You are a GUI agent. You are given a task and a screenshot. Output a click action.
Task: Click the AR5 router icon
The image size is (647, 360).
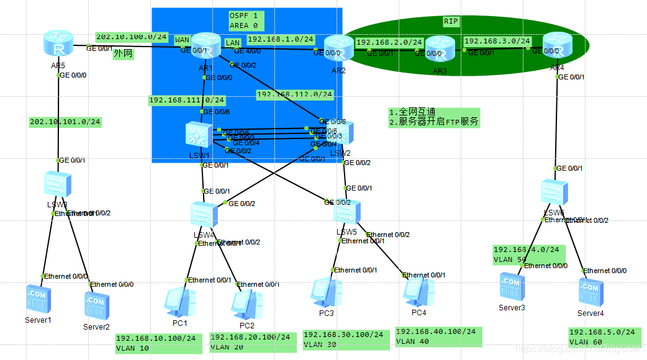[x=58, y=44]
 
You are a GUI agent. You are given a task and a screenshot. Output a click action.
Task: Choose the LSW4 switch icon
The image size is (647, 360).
[x=204, y=214]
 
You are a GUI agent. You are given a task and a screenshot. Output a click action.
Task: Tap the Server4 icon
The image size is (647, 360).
[x=590, y=292]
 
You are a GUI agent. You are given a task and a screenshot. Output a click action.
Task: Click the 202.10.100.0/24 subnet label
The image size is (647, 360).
[x=132, y=37]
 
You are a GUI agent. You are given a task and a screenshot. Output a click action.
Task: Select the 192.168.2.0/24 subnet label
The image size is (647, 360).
[x=389, y=43]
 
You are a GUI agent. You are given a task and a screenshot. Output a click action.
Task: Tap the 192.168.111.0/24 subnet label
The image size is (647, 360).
[x=186, y=100]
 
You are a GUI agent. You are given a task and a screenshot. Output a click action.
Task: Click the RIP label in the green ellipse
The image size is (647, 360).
[x=451, y=21]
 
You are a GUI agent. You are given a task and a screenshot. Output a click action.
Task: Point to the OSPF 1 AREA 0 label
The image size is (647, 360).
[x=245, y=20]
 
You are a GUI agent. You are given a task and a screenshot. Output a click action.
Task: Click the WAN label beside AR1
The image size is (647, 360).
[x=182, y=40]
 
